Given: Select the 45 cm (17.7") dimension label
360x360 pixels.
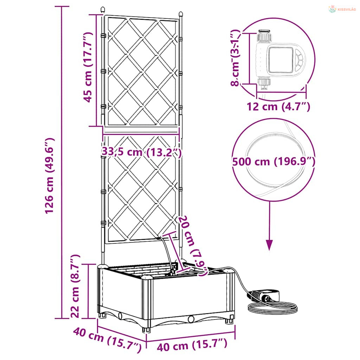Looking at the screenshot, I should pyautogui.click(x=88, y=67).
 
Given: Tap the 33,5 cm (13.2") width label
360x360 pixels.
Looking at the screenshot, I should pyautogui.click(x=141, y=152).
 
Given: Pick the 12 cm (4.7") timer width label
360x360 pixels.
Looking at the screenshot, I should pyautogui.click(x=278, y=107).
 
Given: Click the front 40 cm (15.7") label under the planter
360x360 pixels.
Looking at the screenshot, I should pyautogui.click(x=192, y=346).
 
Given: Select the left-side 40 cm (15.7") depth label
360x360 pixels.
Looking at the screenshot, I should pyautogui.click(x=107, y=339).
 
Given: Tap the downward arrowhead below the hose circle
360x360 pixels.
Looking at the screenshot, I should pyautogui.click(x=269, y=245).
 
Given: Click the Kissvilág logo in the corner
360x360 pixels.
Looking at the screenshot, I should pyautogui.click(x=342, y=9).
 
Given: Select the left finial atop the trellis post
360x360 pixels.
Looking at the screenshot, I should pyautogui.click(x=103, y=9).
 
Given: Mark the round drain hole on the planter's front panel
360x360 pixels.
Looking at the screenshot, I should pyautogui.click(x=191, y=319).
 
